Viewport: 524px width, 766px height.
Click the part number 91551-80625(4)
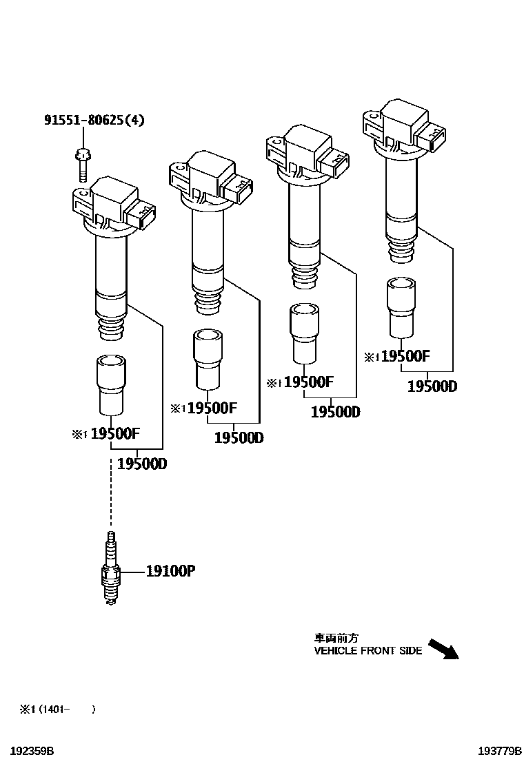coord(94,121)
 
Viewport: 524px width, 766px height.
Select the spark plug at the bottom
coord(110,570)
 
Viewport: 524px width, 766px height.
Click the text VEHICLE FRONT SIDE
coord(368,650)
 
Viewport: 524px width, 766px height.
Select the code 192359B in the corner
coord(28,750)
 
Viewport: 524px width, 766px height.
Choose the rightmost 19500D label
coord(432,386)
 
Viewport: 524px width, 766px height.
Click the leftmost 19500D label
coord(142,464)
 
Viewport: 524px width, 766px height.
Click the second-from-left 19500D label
coord(239,437)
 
